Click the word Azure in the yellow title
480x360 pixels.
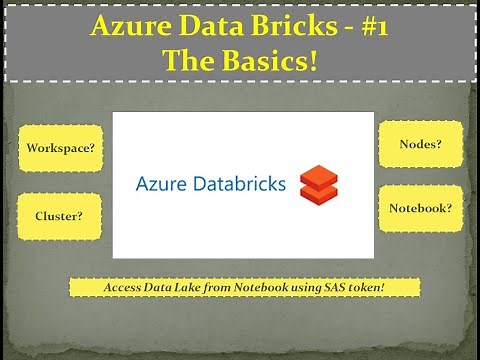(x=124, y=26)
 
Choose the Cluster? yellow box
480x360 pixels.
(x=58, y=214)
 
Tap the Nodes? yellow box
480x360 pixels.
(x=420, y=145)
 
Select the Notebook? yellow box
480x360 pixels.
(x=420, y=209)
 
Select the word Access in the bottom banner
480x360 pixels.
(x=124, y=287)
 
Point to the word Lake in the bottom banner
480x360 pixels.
(x=197, y=287)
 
